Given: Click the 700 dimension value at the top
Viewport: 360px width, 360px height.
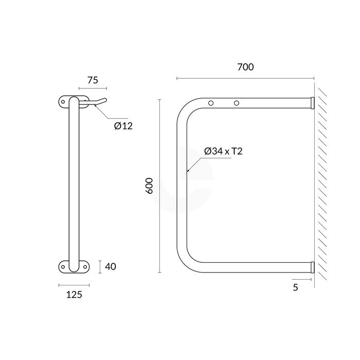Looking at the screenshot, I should tap(245, 67).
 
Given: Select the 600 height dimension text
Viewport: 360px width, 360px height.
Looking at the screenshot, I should tap(150, 185).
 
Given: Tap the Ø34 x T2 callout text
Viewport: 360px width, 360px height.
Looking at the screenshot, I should tap(224, 151).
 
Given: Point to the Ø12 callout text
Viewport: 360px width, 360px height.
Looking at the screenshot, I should tap(123, 125).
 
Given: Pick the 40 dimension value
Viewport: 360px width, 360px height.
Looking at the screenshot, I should tap(111, 266).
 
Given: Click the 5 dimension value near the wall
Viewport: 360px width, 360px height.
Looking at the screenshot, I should tap(295, 287).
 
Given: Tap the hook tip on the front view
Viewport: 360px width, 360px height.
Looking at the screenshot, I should tap(105, 100).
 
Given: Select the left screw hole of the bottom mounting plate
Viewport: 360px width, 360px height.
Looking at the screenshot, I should tap(64, 266).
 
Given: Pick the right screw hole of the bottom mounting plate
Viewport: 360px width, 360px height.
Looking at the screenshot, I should tap(84, 266).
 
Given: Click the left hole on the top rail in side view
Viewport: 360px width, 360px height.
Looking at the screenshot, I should tap(211, 103).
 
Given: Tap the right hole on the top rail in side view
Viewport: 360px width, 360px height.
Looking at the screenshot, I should tap(237, 103).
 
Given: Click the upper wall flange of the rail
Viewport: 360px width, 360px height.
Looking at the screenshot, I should tap(312, 103).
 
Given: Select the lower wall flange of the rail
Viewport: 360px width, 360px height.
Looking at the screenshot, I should tap(312, 267).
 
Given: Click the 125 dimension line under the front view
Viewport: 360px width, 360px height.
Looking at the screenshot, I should tap(74, 285).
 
